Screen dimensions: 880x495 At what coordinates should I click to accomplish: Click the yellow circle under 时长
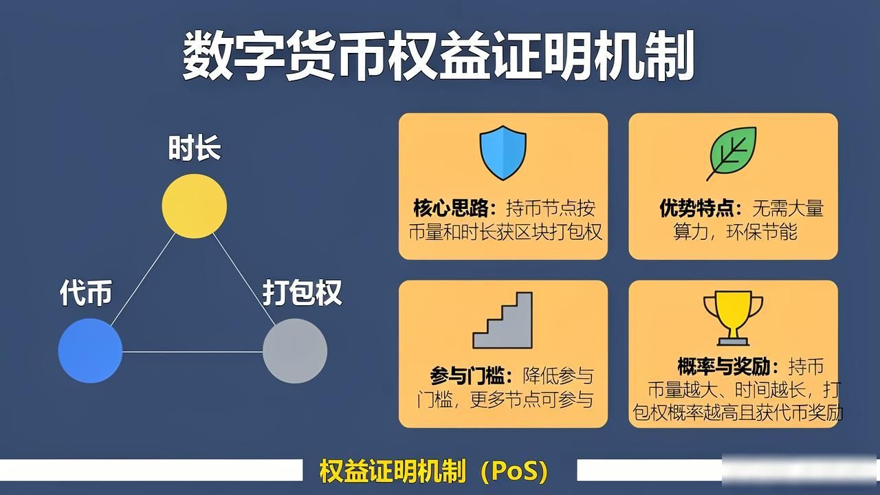(195, 206)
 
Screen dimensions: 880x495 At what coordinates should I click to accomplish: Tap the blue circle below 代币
(90, 351)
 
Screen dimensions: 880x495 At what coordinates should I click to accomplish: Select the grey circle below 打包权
(295, 351)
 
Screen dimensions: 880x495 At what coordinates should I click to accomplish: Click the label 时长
(195, 148)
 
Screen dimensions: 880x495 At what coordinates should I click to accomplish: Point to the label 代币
(86, 293)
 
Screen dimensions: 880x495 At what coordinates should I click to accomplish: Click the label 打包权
(302, 293)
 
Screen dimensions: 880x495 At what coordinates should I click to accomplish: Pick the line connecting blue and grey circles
(192, 352)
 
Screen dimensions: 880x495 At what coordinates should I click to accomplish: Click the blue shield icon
(503, 153)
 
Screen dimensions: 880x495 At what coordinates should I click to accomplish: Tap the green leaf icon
(732, 153)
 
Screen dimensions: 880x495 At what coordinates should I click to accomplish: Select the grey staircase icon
(503, 320)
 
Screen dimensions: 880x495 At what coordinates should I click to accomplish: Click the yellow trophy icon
(733, 318)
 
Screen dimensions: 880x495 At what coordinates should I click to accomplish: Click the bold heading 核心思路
(450, 208)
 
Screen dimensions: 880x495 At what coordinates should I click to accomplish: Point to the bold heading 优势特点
(696, 208)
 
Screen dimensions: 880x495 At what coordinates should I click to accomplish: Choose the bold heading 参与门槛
(467, 376)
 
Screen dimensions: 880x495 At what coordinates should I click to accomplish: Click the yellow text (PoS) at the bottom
(514, 471)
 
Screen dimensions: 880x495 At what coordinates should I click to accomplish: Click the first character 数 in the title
(208, 56)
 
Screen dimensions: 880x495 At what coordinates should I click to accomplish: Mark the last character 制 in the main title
(669, 56)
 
